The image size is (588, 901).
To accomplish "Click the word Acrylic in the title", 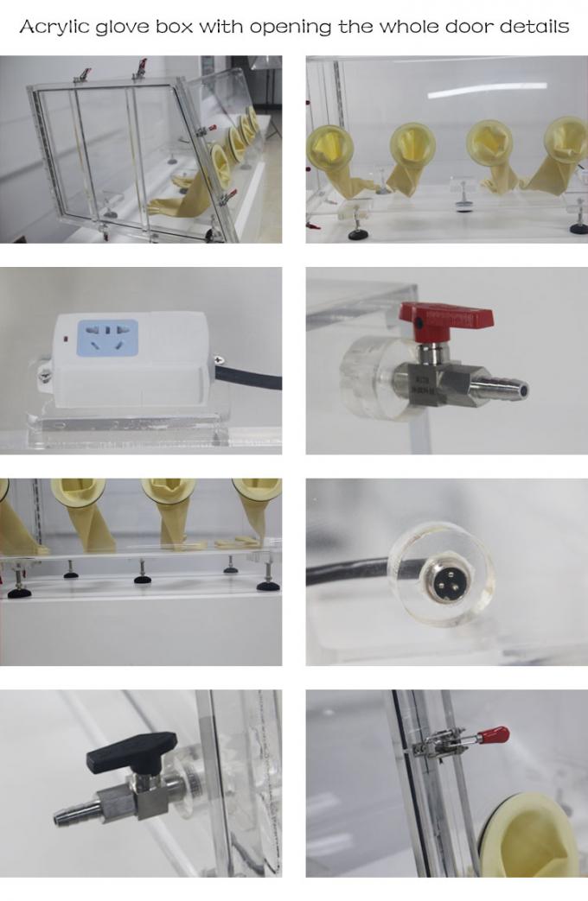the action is click(54, 27).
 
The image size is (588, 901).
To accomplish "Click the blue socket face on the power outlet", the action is click(107, 338).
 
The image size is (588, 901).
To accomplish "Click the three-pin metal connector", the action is click(440, 577).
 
